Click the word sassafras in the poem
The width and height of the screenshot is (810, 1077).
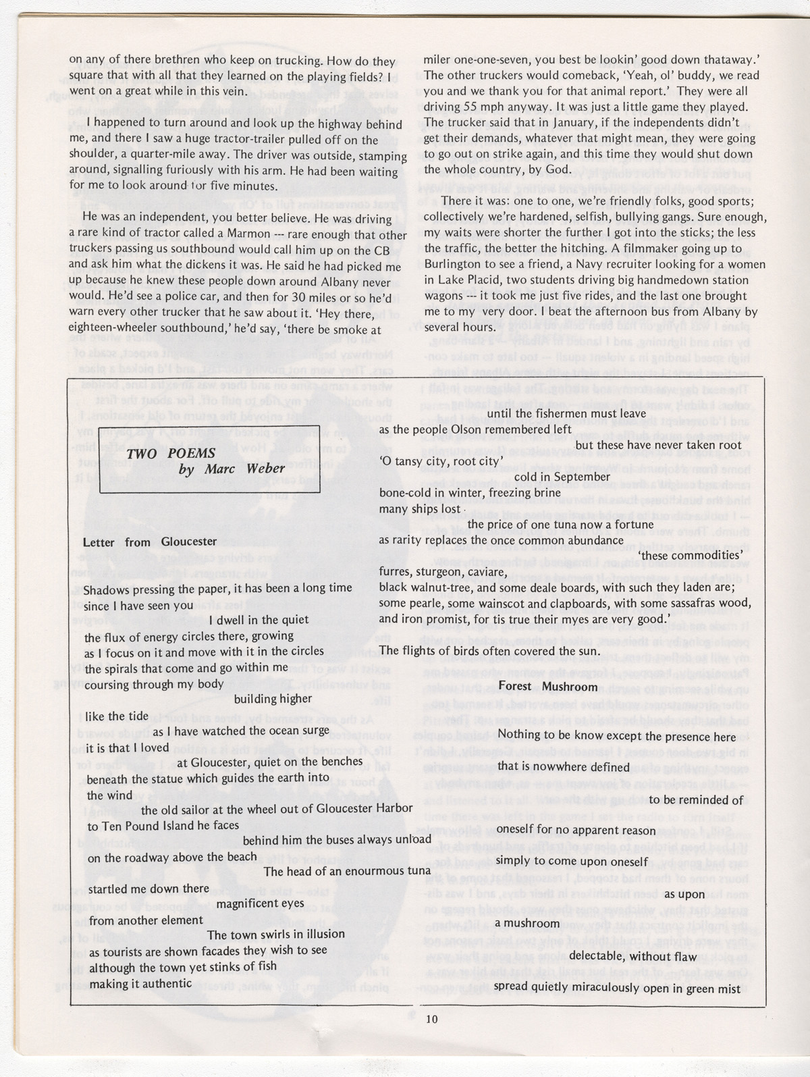(x=689, y=602)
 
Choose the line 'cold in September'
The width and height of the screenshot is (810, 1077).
(x=562, y=476)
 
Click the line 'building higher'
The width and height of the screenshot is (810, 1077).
(x=273, y=699)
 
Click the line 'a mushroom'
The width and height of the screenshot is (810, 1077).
(x=526, y=923)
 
